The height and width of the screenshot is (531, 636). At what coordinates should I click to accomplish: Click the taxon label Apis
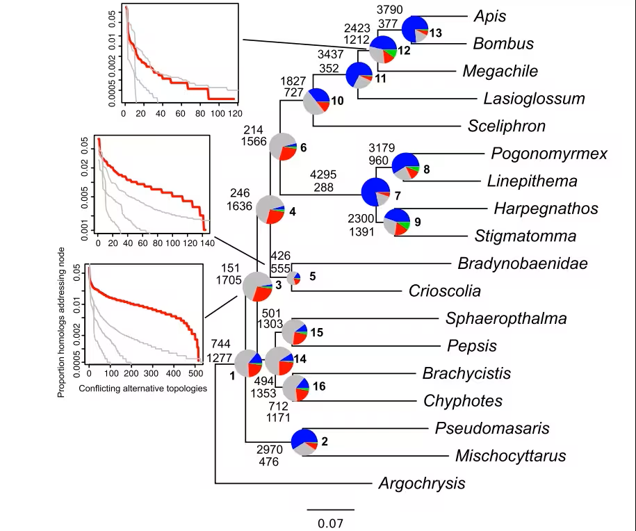click(490, 16)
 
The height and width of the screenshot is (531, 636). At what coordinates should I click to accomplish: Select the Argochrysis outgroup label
click(422, 483)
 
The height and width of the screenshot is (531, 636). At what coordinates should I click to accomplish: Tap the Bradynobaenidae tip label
click(523, 263)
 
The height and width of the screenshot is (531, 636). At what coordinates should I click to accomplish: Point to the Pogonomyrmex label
click(549, 154)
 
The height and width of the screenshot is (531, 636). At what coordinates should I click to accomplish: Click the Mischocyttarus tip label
click(511, 455)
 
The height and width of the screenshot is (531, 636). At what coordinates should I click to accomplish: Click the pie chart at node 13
click(414, 29)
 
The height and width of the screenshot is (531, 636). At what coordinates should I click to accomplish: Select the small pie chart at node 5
click(293, 278)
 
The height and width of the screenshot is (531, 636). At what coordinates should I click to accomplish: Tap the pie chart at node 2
click(304, 442)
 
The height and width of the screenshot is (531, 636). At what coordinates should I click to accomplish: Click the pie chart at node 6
click(283, 147)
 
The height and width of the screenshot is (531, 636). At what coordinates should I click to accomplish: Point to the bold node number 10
click(338, 101)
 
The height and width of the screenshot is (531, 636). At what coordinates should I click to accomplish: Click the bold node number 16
click(319, 386)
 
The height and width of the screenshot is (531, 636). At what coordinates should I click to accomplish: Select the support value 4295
click(323, 174)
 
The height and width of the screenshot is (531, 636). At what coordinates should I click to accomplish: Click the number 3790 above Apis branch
click(389, 9)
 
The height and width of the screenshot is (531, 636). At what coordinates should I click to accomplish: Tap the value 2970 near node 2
click(270, 450)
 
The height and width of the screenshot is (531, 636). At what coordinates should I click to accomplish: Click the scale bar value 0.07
click(330, 523)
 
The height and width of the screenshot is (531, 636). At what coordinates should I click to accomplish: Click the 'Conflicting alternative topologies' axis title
click(142, 389)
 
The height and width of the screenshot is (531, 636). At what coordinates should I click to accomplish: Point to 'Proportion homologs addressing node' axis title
click(61, 322)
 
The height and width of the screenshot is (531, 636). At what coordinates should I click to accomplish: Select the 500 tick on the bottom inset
click(196, 373)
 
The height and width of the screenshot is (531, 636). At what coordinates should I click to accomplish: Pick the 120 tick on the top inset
click(235, 113)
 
